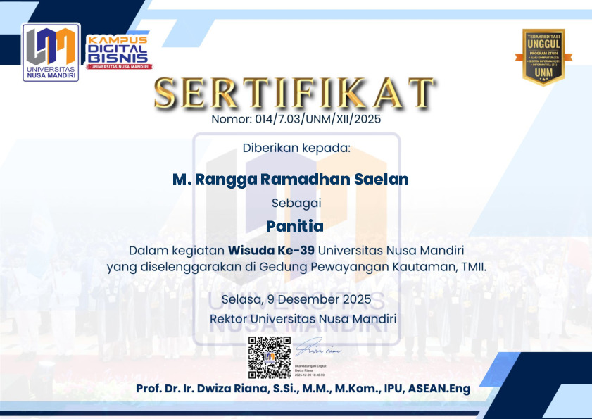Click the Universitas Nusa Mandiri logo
click(51, 53)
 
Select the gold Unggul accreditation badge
click(543, 56)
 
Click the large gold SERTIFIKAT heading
click(296, 93)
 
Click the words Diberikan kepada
click(296, 149)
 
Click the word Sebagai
click(296, 203)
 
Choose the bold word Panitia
click(296, 227)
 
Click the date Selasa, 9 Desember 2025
click(296, 300)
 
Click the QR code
click(269, 358)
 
